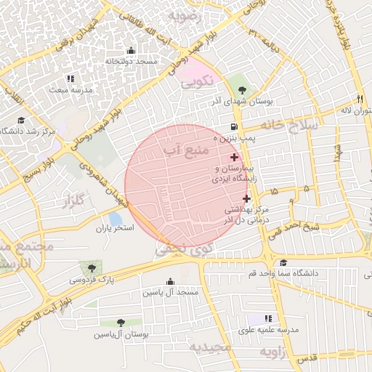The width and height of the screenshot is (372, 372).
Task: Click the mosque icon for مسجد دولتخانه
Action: click(131, 51)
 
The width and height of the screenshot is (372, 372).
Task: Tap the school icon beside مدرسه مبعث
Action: click(70, 78)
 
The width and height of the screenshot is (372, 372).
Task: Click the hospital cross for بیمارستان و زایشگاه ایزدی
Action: click(234, 158)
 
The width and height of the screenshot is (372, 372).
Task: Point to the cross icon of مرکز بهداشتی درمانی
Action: click(246, 198)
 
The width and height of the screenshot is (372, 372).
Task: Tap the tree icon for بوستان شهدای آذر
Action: click(242, 90)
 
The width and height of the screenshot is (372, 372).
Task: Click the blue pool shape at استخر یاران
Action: click(115, 218)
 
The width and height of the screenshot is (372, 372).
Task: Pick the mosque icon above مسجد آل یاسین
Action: click(171, 282)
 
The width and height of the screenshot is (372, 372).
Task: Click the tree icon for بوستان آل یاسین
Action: click(121, 323)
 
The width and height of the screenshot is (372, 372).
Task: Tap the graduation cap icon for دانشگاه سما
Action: click(283, 263)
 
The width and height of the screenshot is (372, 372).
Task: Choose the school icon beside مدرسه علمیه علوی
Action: click(268, 318)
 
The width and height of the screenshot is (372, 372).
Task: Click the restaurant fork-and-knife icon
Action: click(359, 99)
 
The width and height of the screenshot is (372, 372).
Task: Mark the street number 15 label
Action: click(273, 190)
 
